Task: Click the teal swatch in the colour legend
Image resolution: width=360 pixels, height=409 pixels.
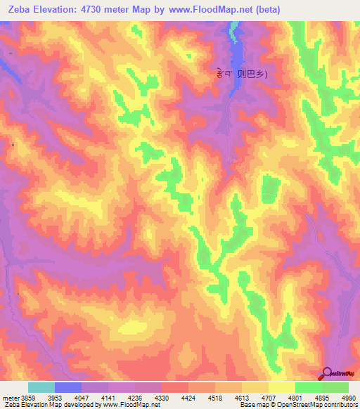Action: click(x=41, y=387)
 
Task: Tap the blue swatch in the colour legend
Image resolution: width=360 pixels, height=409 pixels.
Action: click(x=68, y=387)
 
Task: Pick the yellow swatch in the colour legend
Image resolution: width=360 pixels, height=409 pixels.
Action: click(x=282, y=387)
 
